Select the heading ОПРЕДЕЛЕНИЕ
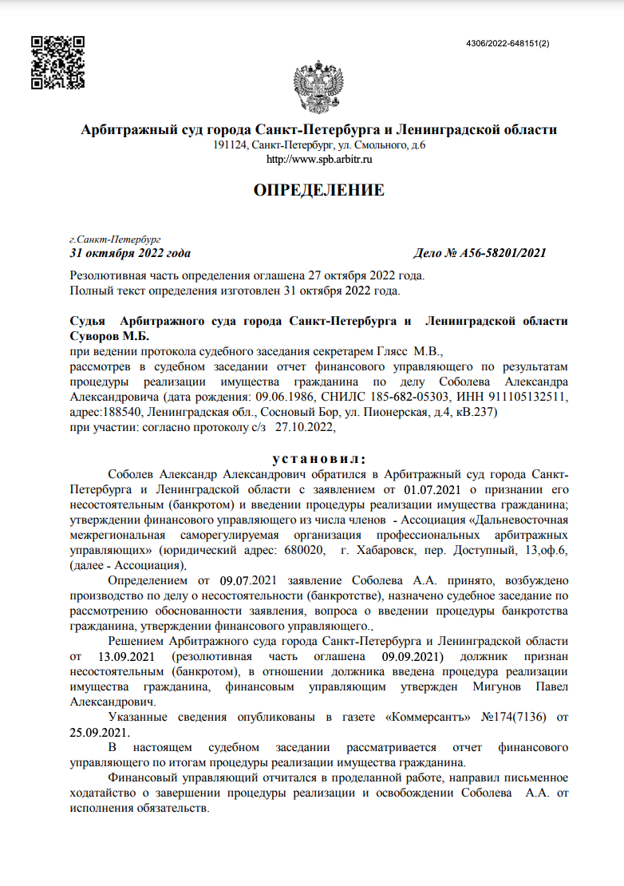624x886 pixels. coord(318,190)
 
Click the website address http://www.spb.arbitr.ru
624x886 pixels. coord(319,159)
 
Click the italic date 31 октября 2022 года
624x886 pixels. coord(130,254)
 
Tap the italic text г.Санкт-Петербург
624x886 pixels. coord(116,239)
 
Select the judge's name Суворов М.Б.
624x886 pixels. coord(105,335)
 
